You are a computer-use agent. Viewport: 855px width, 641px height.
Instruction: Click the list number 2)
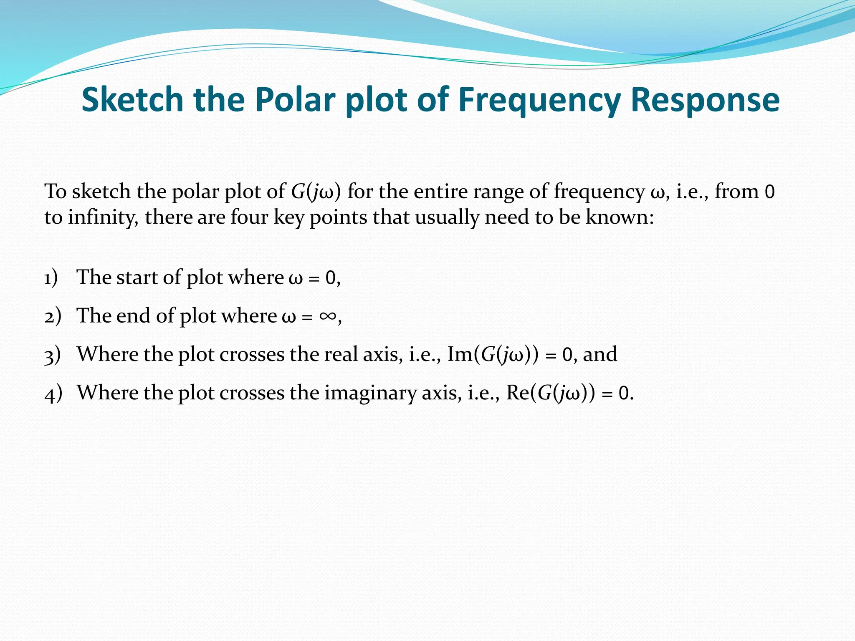53,316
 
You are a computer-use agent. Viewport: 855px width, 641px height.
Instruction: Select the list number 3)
53,355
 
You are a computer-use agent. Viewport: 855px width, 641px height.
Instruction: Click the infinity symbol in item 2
328,316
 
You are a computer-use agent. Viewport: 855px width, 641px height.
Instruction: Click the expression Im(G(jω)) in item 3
493,355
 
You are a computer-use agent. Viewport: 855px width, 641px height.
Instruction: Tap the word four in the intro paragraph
249,217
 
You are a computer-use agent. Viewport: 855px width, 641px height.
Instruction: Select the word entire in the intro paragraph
440,192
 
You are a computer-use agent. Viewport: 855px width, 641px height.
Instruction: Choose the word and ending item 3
600,354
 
